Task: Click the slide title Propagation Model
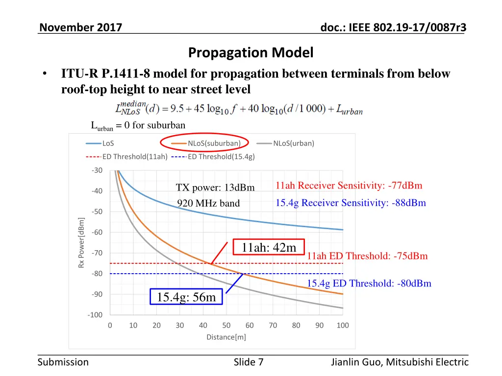pyautogui.click(x=251, y=52)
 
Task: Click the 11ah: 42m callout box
pyautogui.click(x=269, y=248)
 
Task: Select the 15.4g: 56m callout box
pyautogui.click(x=186, y=297)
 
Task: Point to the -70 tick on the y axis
pyautogui.click(x=97, y=253)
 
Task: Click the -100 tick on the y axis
pyautogui.click(x=96, y=315)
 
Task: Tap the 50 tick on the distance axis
pyautogui.click(x=226, y=326)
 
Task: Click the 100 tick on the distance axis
pyautogui.click(x=343, y=326)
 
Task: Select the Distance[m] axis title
pyautogui.click(x=226, y=337)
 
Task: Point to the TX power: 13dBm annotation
pyautogui.click(x=215, y=188)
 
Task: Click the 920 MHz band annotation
pyautogui.click(x=208, y=203)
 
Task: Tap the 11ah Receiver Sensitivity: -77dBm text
pyautogui.click(x=349, y=186)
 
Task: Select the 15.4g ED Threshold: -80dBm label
pyautogui.click(x=369, y=283)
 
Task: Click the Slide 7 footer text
pyautogui.click(x=249, y=362)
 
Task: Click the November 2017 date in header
pyautogui.click(x=80, y=28)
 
